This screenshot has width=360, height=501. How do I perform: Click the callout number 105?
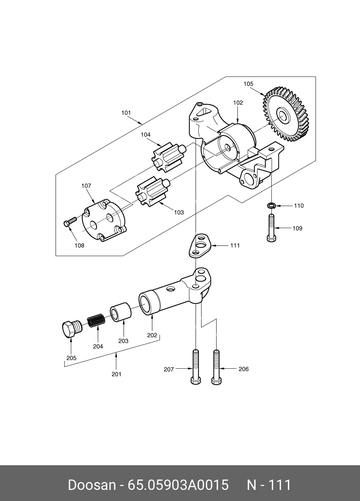tap(248, 84)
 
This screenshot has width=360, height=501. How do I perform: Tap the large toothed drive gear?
tap(286, 116)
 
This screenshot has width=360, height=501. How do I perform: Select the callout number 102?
tap(238, 103)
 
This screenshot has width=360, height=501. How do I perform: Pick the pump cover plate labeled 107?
tap(104, 221)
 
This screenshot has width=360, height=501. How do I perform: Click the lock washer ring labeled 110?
tap(271, 205)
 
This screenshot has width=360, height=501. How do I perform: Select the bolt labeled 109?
tap(271, 228)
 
